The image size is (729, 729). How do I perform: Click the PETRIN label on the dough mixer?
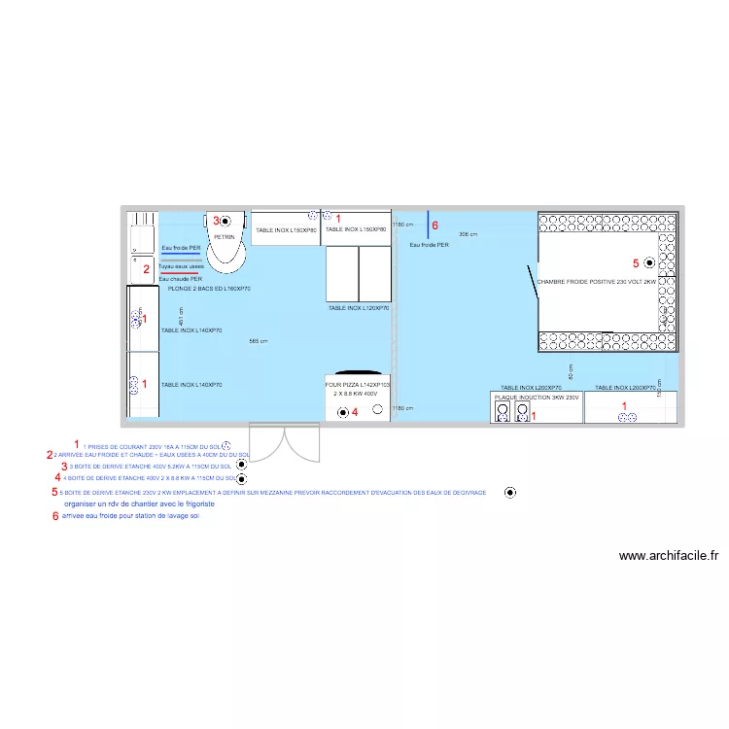(x=225, y=236)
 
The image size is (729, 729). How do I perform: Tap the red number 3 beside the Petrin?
(x=216, y=221)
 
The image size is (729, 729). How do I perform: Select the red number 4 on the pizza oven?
(x=355, y=412)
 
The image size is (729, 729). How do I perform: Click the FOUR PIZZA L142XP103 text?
(x=357, y=385)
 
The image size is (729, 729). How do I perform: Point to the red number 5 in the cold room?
(x=637, y=262)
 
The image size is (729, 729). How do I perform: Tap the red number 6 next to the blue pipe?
(x=434, y=226)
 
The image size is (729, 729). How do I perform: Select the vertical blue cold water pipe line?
(x=428, y=223)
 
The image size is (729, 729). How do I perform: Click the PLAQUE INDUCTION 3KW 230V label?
(x=537, y=398)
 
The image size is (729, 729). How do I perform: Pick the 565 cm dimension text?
(x=259, y=341)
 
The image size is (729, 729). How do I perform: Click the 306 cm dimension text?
(x=469, y=235)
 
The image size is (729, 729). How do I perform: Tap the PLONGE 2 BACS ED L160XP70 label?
(x=209, y=289)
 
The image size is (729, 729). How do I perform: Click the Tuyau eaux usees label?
(x=181, y=266)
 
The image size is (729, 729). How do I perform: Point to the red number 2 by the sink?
(x=147, y=269)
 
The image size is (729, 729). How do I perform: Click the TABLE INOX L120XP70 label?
(x=359, y=307)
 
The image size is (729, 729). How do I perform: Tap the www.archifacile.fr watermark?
(x=669, y=557)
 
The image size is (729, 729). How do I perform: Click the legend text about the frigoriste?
(x=139, y=505)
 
